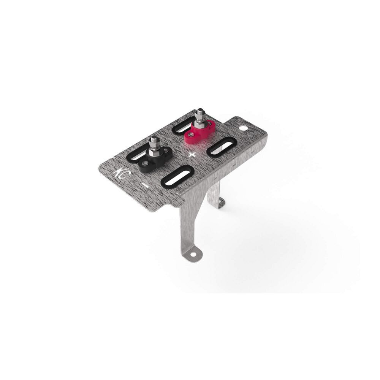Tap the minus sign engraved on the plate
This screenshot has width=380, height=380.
145,185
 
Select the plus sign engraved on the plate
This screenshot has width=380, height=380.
192,155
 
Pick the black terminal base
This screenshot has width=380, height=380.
154,160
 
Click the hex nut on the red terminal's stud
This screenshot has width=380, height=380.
200,122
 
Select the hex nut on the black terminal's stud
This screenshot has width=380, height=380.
154,151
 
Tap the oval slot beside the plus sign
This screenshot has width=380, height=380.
222,146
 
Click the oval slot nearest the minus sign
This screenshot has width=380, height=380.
177,176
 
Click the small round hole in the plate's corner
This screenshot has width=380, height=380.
243,128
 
